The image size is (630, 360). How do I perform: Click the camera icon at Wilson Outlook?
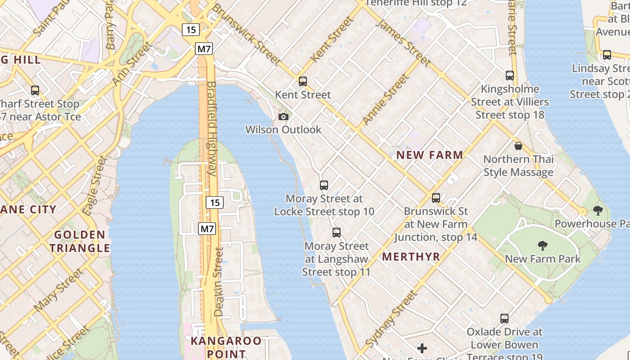pyautogui.click(x=283, y=117)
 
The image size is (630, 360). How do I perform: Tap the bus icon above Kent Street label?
pyautogui.click(x=303, y=81)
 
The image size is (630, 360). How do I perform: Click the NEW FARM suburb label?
pyautogui.click(x=429, y=155)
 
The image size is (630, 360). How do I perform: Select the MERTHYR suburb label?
pyautogui.click(x=411, y=256)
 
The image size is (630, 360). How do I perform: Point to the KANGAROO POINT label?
pyautogui.click(x=226, y=347)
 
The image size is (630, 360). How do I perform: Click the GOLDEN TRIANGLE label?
pyautogui.click(x=80, y=241)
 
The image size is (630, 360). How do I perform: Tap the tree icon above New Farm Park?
pyautogui.click(x=543, y=246)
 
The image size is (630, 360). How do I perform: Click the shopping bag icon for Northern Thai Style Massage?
pyautogui.click(x=518, y=146)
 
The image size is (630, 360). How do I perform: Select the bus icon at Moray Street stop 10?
pyautogui.click(x=324, y=185)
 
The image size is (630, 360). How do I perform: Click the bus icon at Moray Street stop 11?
pyautogui.click(x=337, y=233)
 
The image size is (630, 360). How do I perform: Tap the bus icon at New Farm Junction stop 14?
pyautogui.click(x=436, y=198)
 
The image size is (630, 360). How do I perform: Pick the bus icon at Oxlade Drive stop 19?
pyautogui.click(x=504, y=319)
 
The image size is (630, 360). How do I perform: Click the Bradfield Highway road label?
pyautogui.click(x=212, y=128)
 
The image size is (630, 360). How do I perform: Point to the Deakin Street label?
pyautogui.click(x=219, y=282)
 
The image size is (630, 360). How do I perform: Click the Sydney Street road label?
pyautogui.click(x=391, y=318)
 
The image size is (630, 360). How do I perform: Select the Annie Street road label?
pyautogui.click(x=386, y=99)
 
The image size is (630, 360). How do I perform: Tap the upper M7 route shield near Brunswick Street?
pyautogui.click(x=204, y=49)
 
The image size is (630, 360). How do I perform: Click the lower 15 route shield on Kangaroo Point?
pyautogui.click(x=215, y=202)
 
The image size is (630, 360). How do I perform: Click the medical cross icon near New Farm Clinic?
pyautogui.click(x=422, y=348)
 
